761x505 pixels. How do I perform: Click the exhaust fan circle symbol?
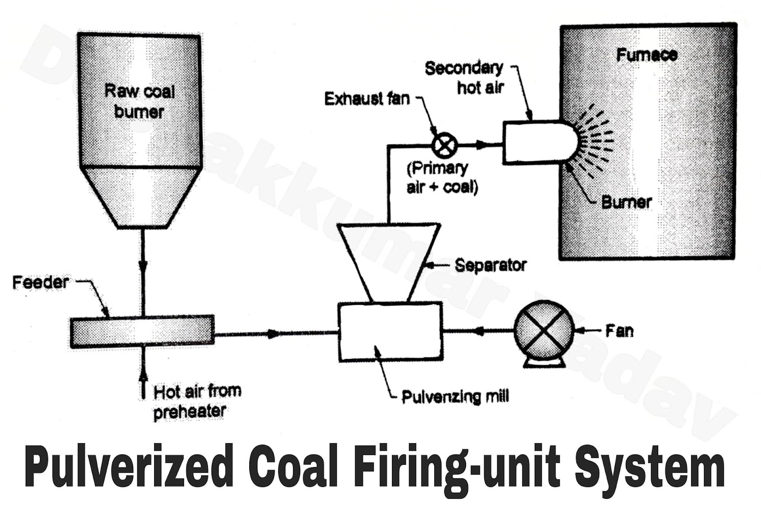point(444,145)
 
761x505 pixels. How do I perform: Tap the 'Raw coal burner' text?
point(139,101)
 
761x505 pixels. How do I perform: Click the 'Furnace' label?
point(646,55)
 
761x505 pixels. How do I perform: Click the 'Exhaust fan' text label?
point(366,99)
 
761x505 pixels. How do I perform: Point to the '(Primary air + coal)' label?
point(442,177)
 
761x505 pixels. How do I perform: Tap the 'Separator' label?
point(490,265)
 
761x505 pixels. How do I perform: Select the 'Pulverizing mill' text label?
point(455,396)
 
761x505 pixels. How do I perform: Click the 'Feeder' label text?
point(40,282)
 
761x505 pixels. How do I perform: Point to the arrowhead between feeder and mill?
point(273,334)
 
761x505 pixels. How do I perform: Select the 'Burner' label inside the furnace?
point(626,202)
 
